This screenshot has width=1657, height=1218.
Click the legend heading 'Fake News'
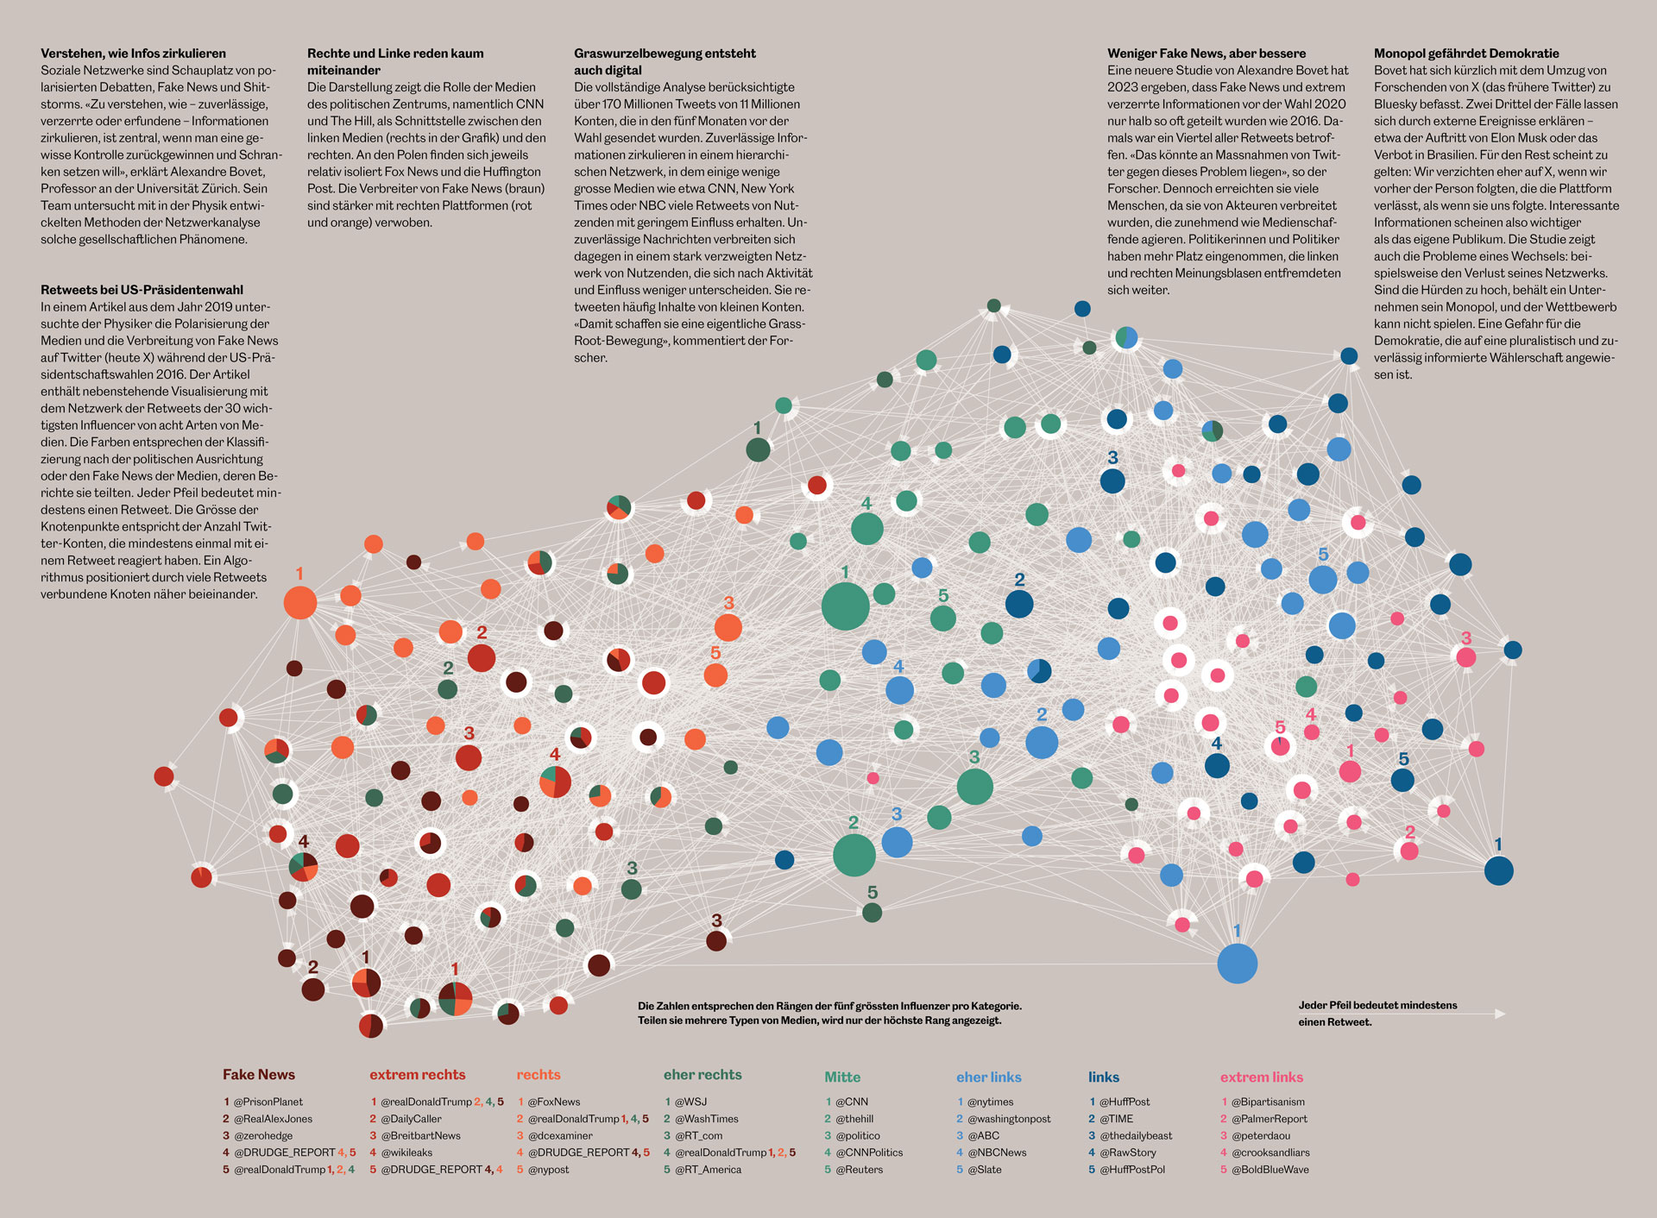tap(258, 1074)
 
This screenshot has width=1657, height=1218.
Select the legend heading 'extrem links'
tap(1261, 1077)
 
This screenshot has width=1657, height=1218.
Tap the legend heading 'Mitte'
tap(841, 1077)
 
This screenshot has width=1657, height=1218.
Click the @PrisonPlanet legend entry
tap(268, 1102)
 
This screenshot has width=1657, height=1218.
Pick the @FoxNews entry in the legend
tap(553, 1102)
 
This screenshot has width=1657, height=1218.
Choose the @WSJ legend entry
tap(690, 1102)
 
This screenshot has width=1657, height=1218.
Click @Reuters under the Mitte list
tap(859, 1170)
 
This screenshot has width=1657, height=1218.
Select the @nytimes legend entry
tap(990, 1102)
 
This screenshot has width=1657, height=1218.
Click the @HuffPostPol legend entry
tap(1131, 1170)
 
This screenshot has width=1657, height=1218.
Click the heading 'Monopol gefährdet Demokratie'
tap(1466, 53)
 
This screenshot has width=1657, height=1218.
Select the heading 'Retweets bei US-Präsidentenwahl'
tap(142, 290)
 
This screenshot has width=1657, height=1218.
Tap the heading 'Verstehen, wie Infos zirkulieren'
tap(133, 53)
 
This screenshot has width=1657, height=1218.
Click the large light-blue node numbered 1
tap(1237, 964)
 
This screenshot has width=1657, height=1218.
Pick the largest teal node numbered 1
tap(845, 606)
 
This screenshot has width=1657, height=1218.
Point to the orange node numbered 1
tap(300, 602)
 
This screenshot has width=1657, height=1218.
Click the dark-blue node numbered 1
tap(1498, 870)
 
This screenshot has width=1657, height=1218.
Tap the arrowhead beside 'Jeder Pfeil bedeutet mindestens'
tap(1500, 1014)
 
